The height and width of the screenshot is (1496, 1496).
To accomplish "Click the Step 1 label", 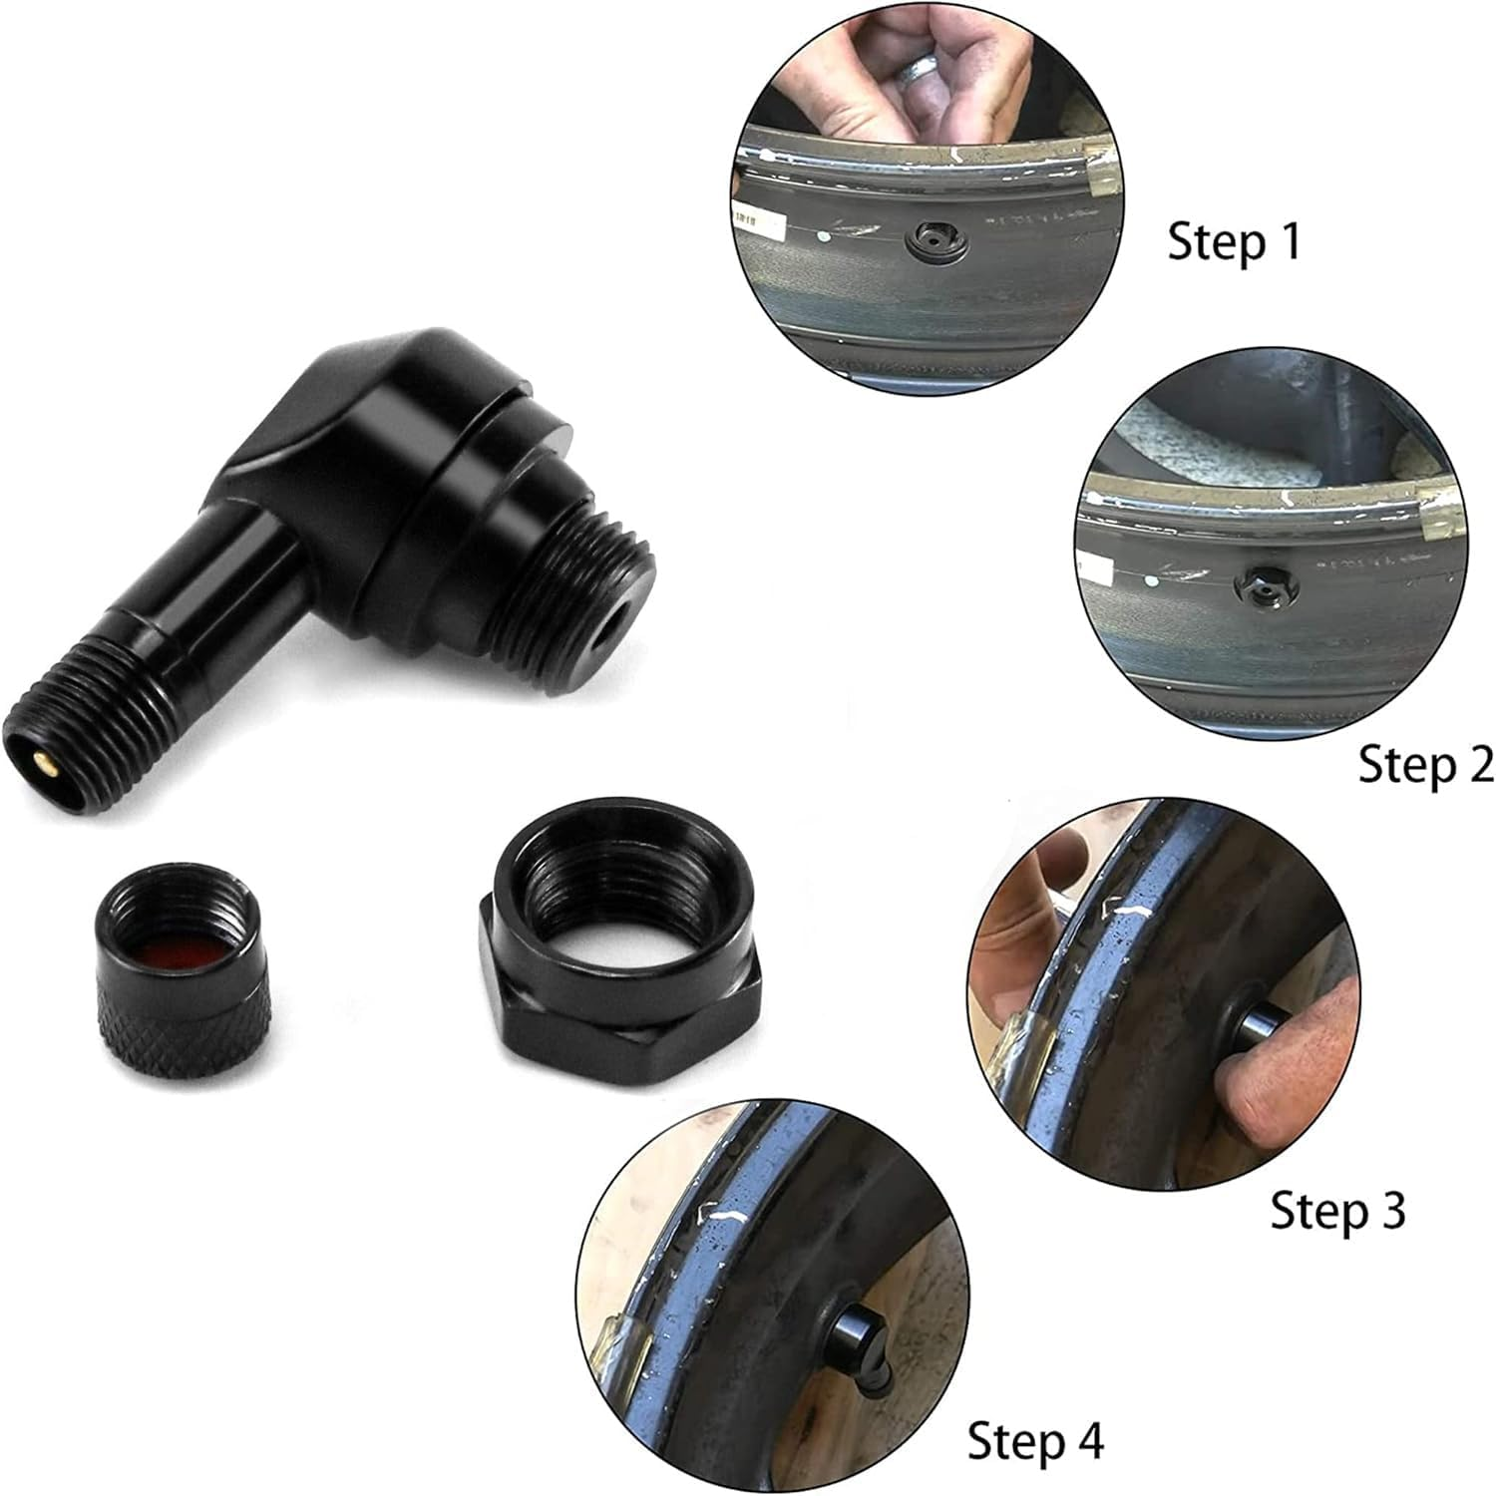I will coord(1234,242).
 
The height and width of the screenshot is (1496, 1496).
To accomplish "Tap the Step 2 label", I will coord(1425,765).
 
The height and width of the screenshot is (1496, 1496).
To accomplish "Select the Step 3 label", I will coord(1336,1210).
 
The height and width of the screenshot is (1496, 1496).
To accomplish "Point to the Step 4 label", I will coord(1035,1441).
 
